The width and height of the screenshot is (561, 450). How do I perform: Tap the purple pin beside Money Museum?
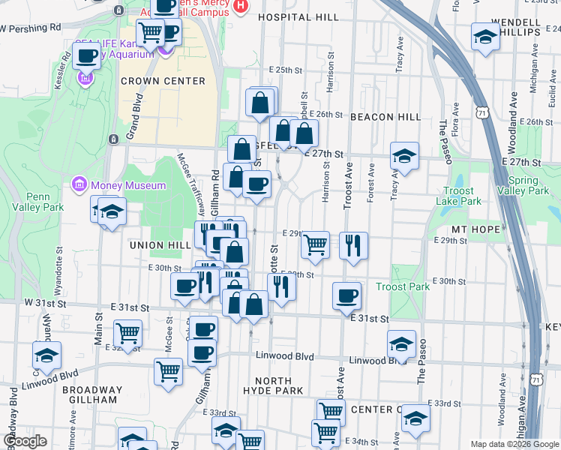(79, 184)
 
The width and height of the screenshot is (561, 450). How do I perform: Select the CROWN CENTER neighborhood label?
(163, 81)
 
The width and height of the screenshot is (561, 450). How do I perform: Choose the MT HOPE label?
(470, 228)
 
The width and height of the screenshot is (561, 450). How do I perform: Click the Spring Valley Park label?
(528, 185)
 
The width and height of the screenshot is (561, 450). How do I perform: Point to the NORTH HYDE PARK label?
(273, 385)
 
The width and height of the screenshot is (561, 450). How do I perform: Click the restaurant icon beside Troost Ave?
(353, 244)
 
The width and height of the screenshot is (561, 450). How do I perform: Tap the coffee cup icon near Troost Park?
(346, 295)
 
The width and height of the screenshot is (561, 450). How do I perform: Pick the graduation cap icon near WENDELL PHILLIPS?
(486, 36)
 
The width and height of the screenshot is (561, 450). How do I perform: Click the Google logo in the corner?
(25, 442)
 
